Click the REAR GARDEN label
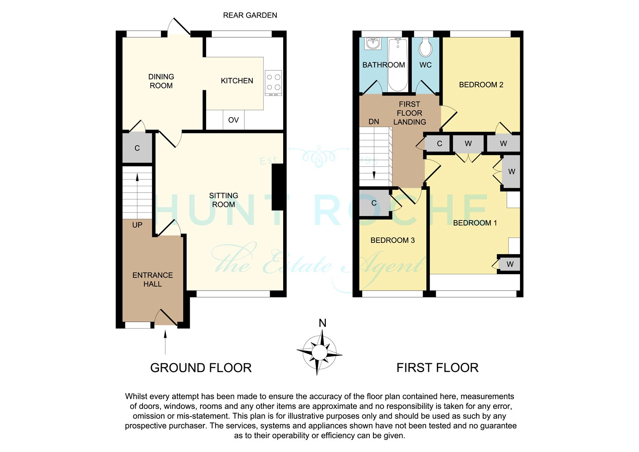(250, 15)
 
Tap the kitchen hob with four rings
(273, 83)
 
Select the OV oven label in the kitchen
(233, 120)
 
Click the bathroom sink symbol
(373, 43)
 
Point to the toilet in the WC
(425, 48)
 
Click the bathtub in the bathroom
(398, 64)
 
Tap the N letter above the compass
(322, 323)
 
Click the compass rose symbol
(319, 352)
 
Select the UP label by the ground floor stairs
(137, 225)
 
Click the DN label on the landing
(374, 121)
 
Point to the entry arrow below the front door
(165, 342)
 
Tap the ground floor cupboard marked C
(137, 147)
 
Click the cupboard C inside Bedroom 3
(374, 203)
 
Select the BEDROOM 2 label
(481, 85)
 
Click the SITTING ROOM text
(223, 200)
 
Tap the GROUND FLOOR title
(201, 368)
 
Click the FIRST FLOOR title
(437, 368)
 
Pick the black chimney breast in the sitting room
(278, 189)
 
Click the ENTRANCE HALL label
(153, 279)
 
